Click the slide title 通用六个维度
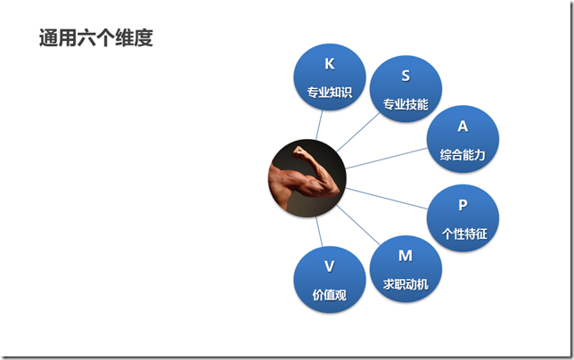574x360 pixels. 96,38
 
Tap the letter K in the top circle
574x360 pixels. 330,64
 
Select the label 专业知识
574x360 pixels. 330,91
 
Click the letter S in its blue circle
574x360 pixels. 406,77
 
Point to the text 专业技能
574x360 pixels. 406,104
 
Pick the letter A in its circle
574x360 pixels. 463,127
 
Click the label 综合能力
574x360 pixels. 463,154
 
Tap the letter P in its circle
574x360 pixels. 463,205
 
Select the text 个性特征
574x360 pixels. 463,233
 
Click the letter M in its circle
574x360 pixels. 406,256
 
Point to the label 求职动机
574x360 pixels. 406,283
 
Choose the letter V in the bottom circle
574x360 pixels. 330,266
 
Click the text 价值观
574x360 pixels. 330,294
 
